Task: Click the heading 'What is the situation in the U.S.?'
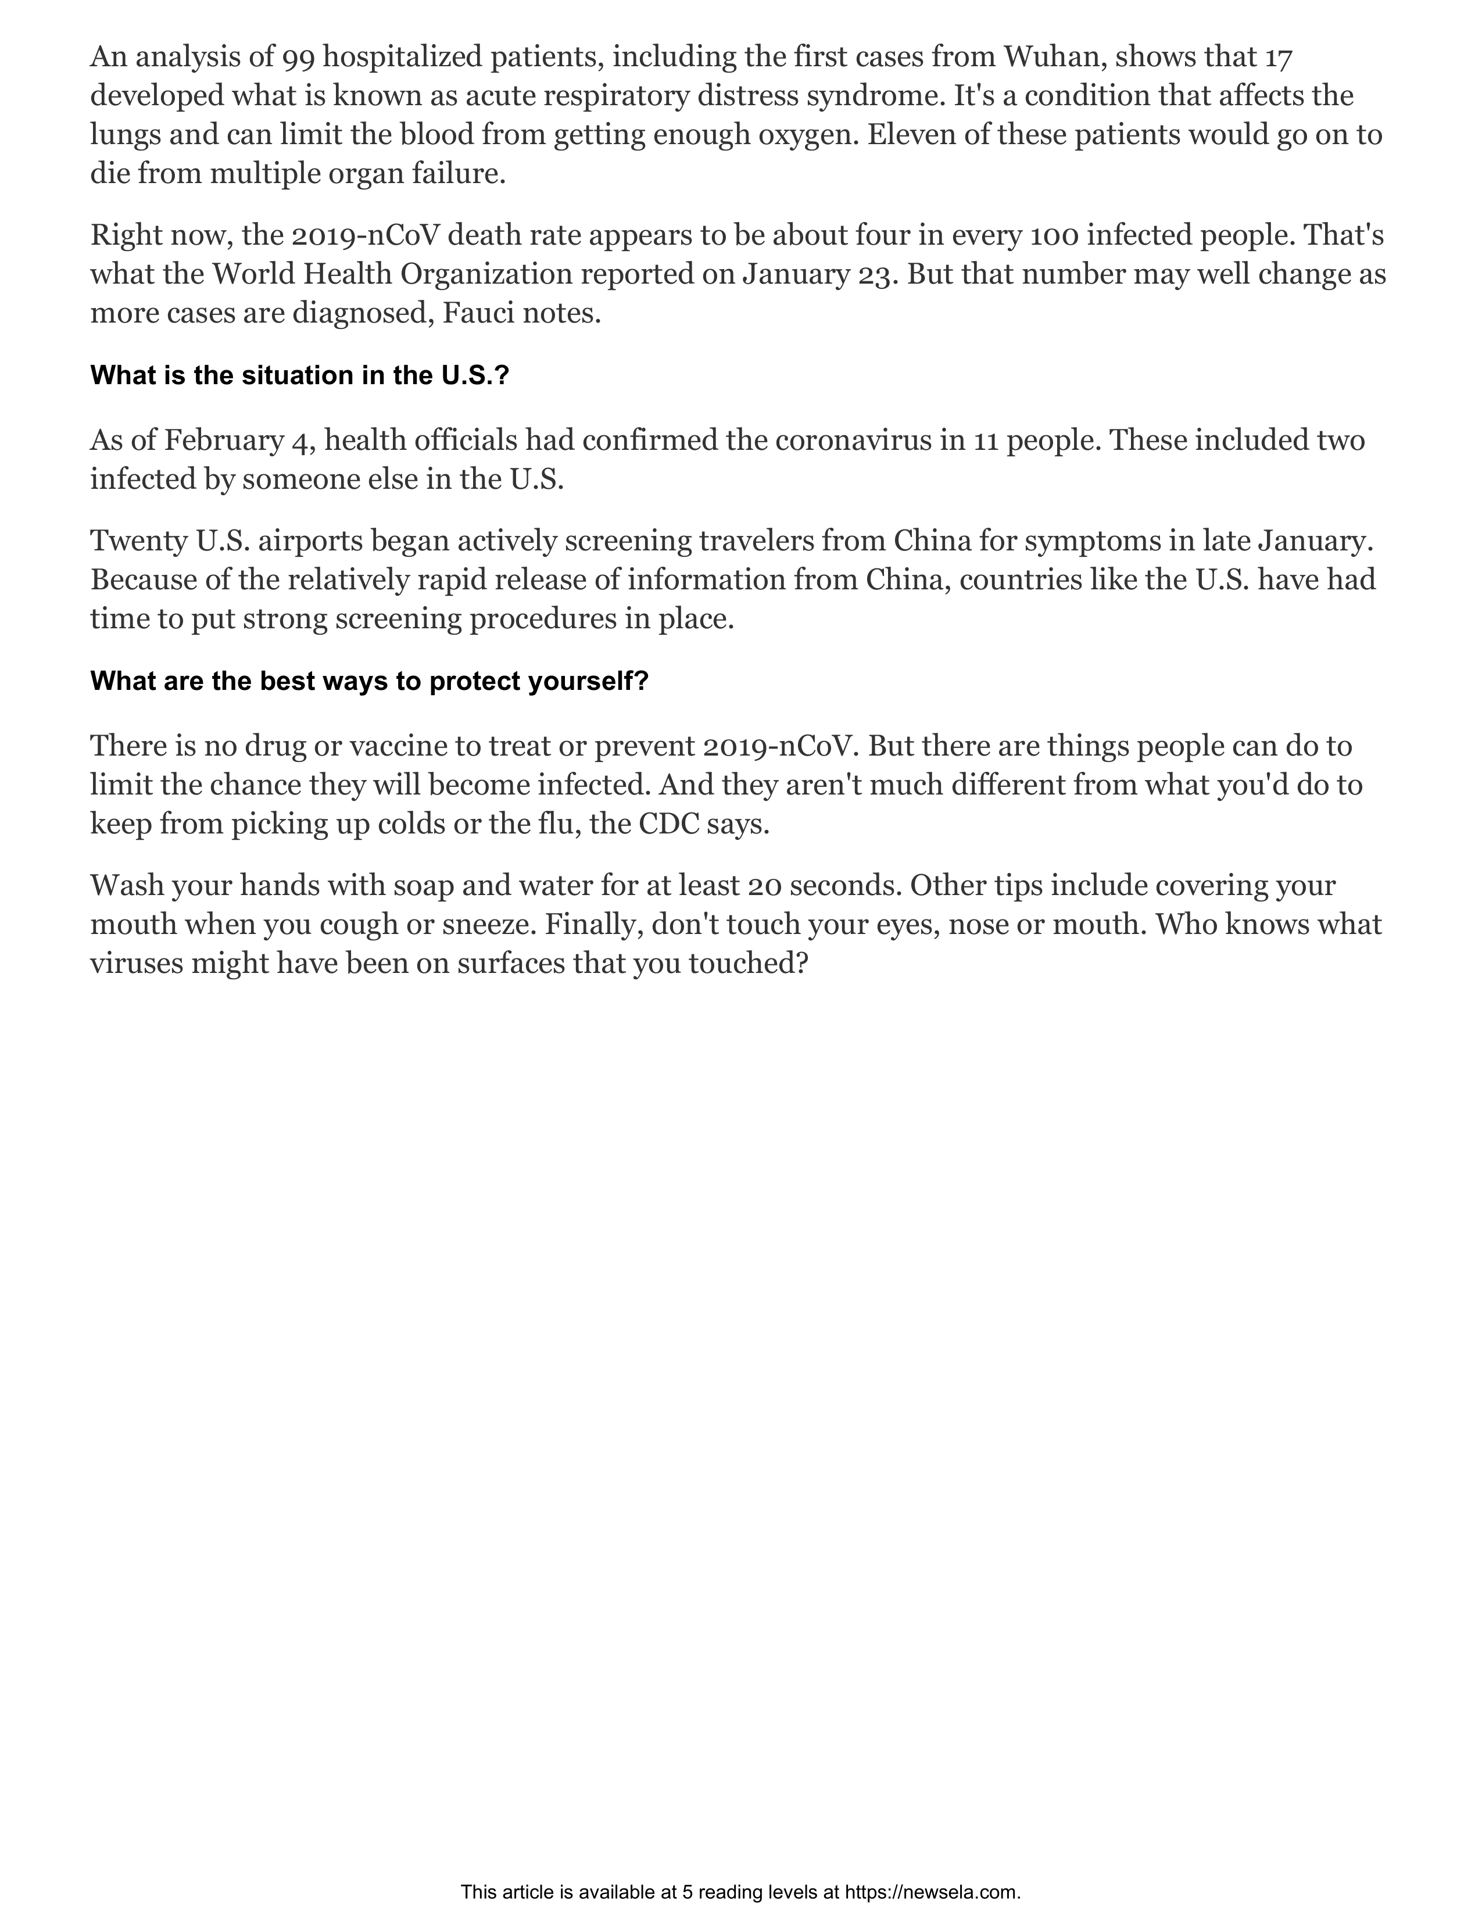click(299, 376)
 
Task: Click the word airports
click(310, 542)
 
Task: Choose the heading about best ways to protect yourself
click(368, 682)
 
